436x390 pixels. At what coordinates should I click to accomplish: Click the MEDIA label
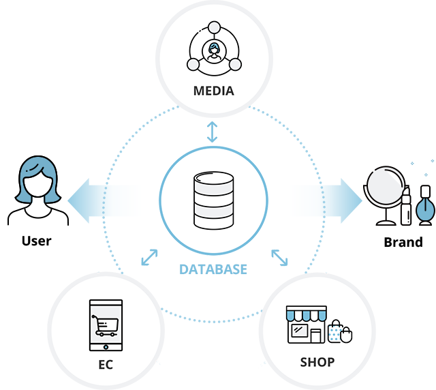click(x=213, y=91)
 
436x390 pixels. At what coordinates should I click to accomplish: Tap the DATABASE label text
click(x=213, y=269)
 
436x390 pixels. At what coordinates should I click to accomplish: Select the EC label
click(x=105, y=365)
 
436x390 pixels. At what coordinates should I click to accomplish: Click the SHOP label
click(x=317, y=361)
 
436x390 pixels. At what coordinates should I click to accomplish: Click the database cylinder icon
click(x=213, y=200)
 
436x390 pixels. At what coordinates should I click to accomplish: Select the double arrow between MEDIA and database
click(x=213, y=131)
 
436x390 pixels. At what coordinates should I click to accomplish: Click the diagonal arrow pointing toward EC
click(x=149, y=257)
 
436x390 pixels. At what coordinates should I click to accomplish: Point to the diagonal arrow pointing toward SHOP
click(x=279, y=257)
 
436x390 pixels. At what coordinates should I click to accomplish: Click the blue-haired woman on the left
click(x=37, y=191)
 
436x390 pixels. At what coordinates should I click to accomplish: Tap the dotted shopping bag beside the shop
click(x=334, y=331)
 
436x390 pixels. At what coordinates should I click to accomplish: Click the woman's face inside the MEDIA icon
click(x=214, y=49)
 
